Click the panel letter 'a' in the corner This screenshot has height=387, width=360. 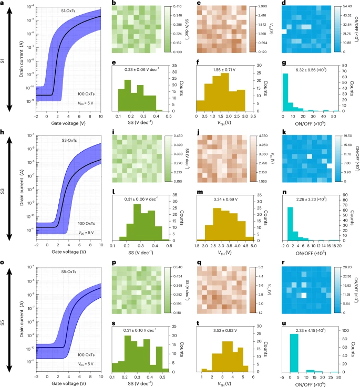coord(4,4)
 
